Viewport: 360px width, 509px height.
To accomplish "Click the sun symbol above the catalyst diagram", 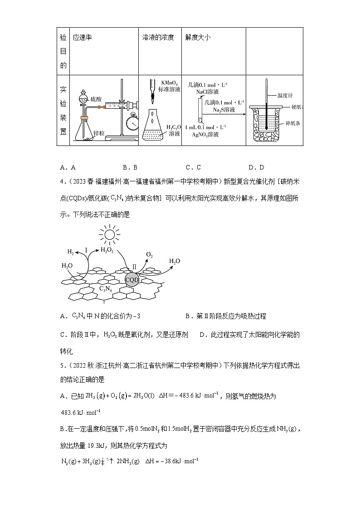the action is point(109,235).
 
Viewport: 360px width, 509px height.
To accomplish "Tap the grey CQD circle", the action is point(132,280).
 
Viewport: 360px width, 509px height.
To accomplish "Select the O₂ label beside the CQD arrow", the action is point(149,255).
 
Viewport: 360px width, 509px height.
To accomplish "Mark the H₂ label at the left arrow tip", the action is point(70,252).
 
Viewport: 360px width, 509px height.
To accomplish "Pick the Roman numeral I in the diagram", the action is point(86,250).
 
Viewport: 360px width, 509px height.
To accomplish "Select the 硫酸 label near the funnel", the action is point(96,98).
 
